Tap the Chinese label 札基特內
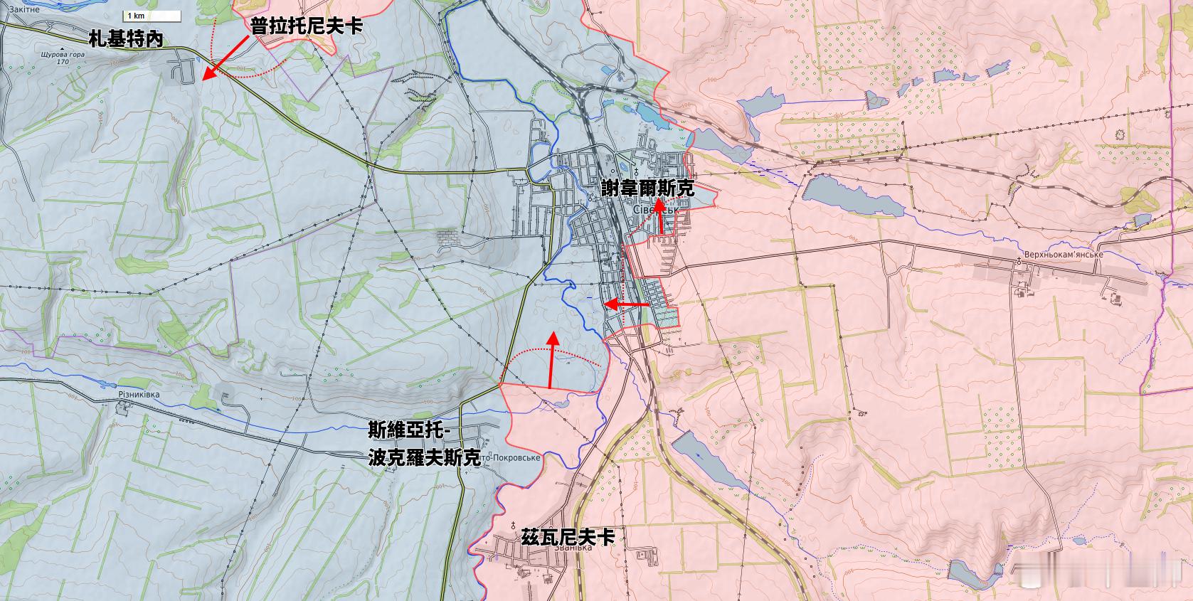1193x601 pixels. (x=126, y=39)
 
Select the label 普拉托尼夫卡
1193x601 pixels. (x=306, y=26)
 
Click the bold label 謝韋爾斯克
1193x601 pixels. (x=647, y=189)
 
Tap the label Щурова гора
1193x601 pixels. (x=63, y=54)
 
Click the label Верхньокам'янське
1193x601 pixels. (x=1064, y=255)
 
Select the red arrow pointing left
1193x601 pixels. (x=625, y=304)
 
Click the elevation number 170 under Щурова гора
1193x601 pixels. (x=63, y=62)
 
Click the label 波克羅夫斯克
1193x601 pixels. (x=424, y=458)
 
